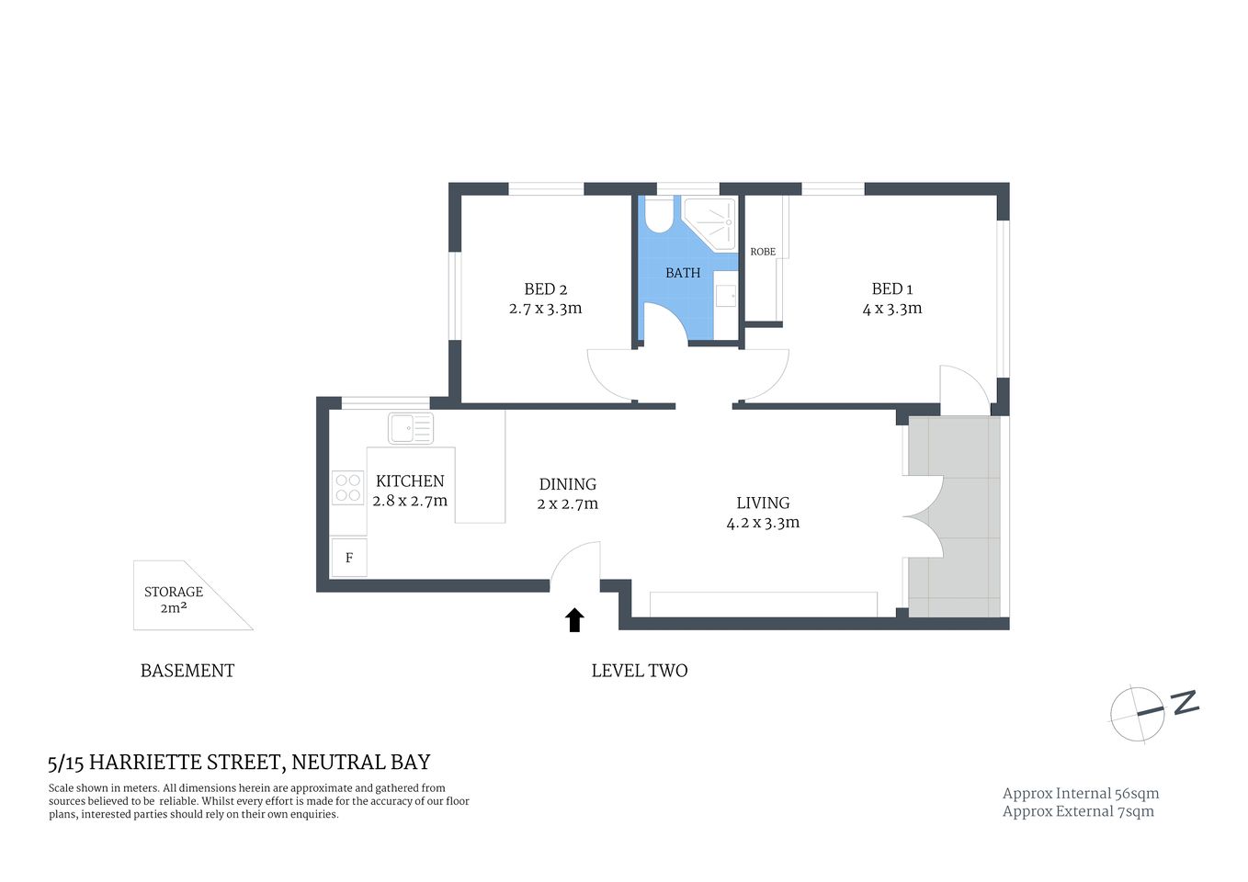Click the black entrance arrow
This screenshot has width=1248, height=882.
point(574,620)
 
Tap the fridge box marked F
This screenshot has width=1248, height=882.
point(348,558)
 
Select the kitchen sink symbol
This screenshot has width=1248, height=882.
point(410,428)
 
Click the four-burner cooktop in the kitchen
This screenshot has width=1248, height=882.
point(347,488)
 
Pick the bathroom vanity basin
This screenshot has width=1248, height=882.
point(726,296)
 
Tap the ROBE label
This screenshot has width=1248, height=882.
point(763,252)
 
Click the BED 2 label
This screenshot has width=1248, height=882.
point(545,289)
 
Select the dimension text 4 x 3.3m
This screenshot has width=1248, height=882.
point(891,309)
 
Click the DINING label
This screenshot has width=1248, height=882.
point(567,484)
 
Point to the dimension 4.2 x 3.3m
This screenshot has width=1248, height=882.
point(763,523)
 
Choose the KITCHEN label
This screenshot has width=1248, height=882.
point(410,481)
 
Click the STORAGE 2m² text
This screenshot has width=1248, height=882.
point(174,599)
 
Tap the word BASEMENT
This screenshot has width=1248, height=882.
point(187,671)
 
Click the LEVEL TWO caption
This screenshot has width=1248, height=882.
point(639,671)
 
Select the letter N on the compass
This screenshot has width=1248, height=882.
point(1186,703)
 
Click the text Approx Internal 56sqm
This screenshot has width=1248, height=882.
point(1080,794)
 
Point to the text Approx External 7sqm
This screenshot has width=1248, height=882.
point(1077,811)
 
